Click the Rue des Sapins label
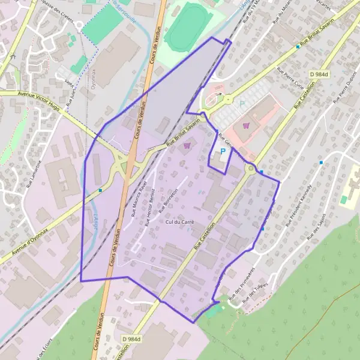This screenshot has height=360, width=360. click(317, 227)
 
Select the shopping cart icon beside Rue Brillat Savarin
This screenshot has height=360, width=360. click(188, 145)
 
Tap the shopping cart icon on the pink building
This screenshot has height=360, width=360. click(245, 125)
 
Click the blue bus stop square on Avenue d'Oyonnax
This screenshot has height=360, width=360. click(100, 190)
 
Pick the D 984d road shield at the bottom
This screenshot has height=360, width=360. click(134, 340)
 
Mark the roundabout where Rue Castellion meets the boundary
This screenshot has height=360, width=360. click(250, 169)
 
